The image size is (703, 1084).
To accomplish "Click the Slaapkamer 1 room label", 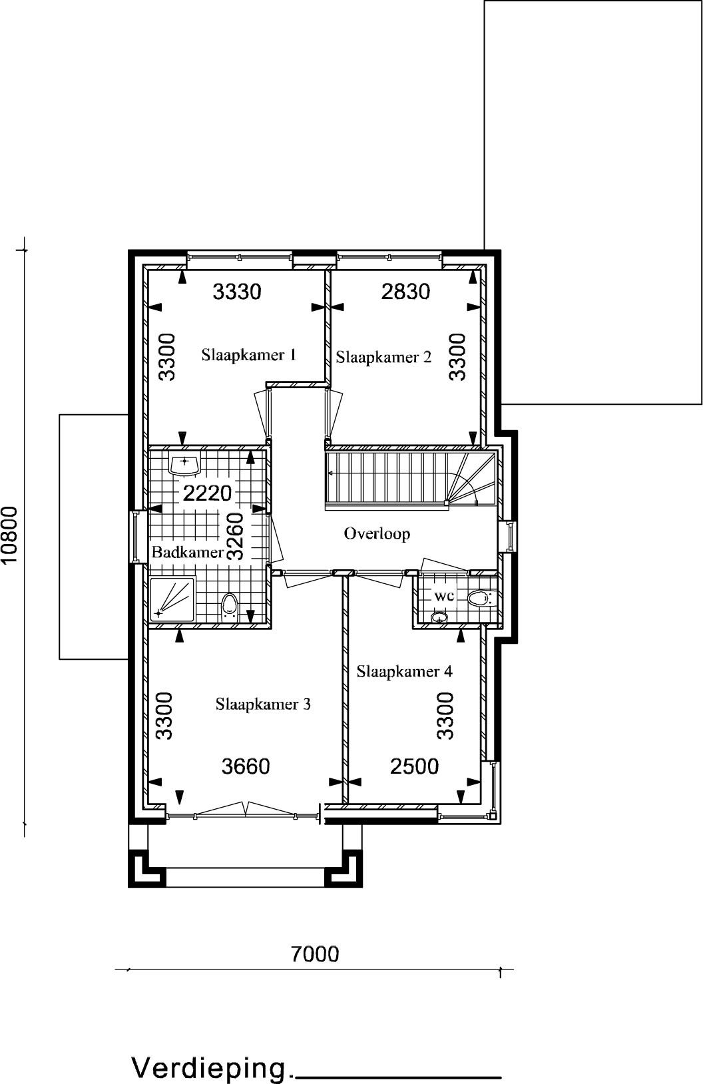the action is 249,355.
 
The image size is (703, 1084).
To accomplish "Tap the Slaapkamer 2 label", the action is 383,357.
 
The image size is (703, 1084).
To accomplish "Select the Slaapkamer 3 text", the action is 263,704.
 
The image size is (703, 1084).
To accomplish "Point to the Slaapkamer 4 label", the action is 404,671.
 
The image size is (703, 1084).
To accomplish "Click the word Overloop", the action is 377,534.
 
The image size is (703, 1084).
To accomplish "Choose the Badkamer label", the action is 188,552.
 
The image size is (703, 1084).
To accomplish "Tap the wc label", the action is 443,596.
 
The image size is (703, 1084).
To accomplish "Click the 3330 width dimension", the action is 237,292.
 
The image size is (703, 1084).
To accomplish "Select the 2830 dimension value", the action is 405,292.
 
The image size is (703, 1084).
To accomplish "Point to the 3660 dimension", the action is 246,766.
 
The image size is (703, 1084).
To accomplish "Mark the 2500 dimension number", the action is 415,766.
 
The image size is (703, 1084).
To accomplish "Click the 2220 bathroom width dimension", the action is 208,493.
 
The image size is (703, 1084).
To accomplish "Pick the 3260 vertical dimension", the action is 235,536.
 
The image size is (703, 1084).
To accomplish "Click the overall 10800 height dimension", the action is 10,535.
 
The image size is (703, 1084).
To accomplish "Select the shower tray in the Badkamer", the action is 172,599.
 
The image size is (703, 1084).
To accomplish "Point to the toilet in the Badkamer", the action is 229,609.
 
